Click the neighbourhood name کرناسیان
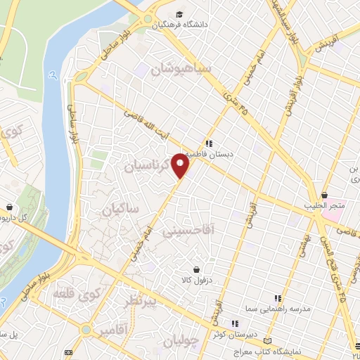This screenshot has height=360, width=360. click(148, 167)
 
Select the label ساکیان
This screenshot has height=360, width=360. click(120, 210)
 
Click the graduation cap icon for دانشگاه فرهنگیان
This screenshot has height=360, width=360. click(179, 14)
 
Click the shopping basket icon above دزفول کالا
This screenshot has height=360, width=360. click(196, 269)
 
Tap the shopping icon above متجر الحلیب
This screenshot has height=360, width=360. click(324, 195)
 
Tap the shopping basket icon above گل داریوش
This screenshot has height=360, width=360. click(9, 207)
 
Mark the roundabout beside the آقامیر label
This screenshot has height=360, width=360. click(85, 329)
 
